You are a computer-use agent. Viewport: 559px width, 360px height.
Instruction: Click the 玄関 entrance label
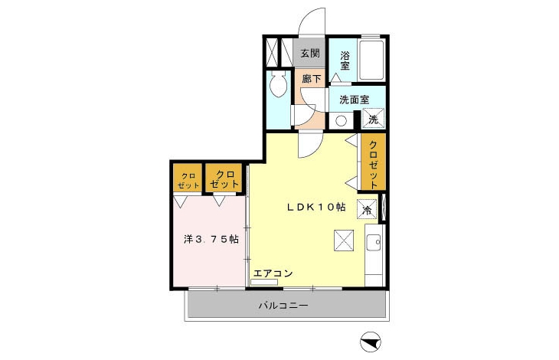click(x=310, y=54)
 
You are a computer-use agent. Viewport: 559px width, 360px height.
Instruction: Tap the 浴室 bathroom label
click(x=345, y=61)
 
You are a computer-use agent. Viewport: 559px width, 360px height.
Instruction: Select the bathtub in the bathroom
click(x=371, y=61)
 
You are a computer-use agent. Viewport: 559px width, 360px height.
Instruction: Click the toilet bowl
click(x=278, y=84)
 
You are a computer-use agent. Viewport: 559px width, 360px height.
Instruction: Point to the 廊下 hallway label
click(x=312, y=79)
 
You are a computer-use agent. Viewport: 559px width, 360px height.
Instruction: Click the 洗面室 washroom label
click(x=354, y=100)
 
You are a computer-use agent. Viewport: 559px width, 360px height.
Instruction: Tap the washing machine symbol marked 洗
click(x=373, y=118)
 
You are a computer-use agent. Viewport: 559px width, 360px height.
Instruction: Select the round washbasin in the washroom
click(x=341, y=121)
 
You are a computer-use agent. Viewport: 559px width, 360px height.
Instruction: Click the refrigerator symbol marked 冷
click(x=367, y=209)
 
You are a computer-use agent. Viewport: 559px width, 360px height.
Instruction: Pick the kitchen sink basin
click(x=374, y=244)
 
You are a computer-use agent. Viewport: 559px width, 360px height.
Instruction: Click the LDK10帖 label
click(x=316, y=207)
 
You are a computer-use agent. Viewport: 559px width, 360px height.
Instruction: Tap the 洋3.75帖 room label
click(x=211, y=239)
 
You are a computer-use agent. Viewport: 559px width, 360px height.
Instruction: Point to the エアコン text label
click(x=273, y=273)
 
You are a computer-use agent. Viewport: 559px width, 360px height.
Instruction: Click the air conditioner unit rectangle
click(x=264, y=283)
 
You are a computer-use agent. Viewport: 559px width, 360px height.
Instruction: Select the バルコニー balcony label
click(x=283, y=306)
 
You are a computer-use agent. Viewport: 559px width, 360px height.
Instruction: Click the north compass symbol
click(x=371, y=342)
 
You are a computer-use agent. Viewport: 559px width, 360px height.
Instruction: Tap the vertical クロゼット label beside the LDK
click(x=373, y=165)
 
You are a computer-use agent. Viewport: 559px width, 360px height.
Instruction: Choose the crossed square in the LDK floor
click(x=344, y=241)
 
